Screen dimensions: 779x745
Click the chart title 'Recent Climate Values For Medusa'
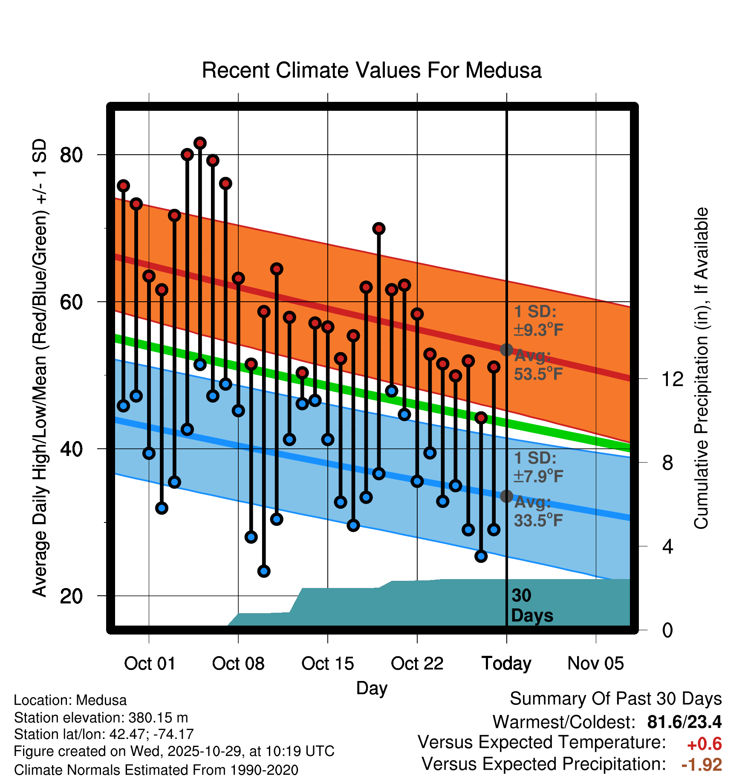(372, 70)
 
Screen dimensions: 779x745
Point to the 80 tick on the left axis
(71, 155)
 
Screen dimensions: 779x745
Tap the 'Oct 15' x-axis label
(327, 664)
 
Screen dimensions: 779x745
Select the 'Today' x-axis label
(506, 664)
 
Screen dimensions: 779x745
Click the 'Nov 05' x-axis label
(595, 664)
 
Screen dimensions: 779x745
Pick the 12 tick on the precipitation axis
(672, 379)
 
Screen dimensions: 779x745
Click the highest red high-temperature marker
(200, 143)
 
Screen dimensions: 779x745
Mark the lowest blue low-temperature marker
(264, 571)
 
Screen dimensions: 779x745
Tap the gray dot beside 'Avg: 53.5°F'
(506, 350)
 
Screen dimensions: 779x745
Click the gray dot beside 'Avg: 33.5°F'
(506, 496)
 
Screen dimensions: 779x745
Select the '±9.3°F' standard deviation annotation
(538, 329)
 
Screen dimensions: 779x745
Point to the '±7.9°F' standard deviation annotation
(538, 476)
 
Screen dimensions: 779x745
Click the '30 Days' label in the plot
(531, 606)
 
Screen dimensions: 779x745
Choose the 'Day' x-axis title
(372, 688)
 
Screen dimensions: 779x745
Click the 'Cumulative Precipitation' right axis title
(701, 368)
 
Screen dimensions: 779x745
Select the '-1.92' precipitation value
(702, 765)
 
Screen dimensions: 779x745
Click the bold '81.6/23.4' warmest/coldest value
(684, 722)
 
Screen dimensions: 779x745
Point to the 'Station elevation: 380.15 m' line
(101, 718)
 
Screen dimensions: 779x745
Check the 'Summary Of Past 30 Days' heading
(615, 699)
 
